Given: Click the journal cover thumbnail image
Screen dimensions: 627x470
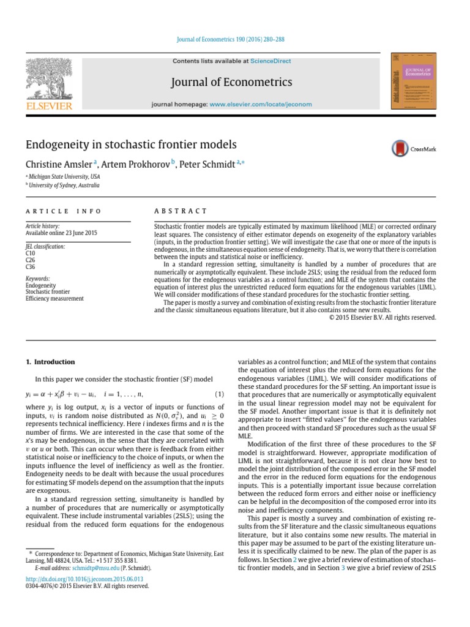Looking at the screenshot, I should click(411, 82).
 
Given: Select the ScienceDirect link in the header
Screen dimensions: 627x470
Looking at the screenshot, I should click(270, 61).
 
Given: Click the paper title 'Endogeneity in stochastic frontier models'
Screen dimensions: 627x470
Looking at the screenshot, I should click(130, 145).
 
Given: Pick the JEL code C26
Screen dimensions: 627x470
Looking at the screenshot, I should click(31, 260).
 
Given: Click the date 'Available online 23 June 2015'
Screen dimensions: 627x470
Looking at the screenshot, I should click(61, 233).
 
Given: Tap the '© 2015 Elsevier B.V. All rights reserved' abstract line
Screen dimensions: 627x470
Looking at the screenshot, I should click(382, 317).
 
